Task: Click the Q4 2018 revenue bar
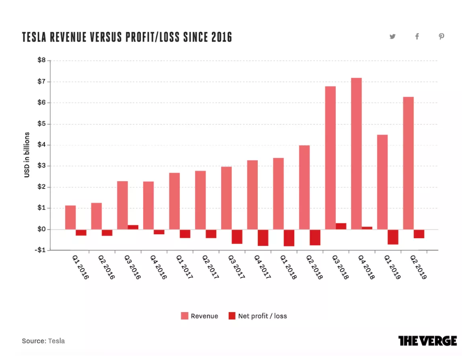click(356, 154)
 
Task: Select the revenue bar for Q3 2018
click(330, 158)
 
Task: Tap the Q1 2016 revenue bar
click(71, 217)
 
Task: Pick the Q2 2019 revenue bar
click(408, 163)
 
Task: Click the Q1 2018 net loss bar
click(289, 238)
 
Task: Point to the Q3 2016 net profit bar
click(133, 227)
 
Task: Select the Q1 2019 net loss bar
click(393, 237)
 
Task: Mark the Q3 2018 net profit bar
click(341, 226)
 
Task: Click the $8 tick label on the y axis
click(42, 60)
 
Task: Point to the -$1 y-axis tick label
click(40, 250)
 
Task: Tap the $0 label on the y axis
click(42, 229)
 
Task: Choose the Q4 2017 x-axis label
click(262, 267)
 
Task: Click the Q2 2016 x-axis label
click(106, 267)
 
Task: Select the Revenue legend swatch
click(184, 316)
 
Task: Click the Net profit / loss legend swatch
click(232, 316)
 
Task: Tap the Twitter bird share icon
click(392, 37)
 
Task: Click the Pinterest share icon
click(441, 37)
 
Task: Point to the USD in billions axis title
click(27, 155)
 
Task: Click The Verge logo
click(428, 341)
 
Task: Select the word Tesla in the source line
click(56, 341)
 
